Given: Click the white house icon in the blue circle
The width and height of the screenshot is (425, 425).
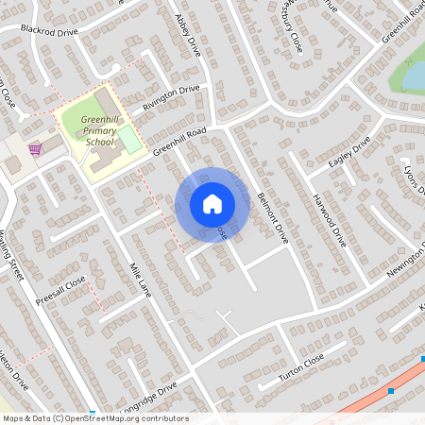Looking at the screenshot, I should (x=212, y=203).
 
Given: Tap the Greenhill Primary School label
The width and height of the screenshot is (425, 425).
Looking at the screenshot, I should (x=98, y=130).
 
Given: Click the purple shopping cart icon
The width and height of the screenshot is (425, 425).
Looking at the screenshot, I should (x=36, y=149).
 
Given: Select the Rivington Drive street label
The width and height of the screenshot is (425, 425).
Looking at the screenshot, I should (x=171, y=98).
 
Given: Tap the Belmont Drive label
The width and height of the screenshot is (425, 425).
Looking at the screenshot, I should (x=271, y=212).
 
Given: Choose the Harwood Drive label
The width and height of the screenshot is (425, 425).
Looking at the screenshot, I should (x=330, y=219).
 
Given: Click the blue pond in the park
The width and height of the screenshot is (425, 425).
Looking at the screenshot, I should (x=414, y=74).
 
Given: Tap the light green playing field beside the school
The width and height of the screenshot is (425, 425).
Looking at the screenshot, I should (x=128, y=139).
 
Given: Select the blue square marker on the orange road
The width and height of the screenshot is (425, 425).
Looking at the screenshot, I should (x=390, y=390).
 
